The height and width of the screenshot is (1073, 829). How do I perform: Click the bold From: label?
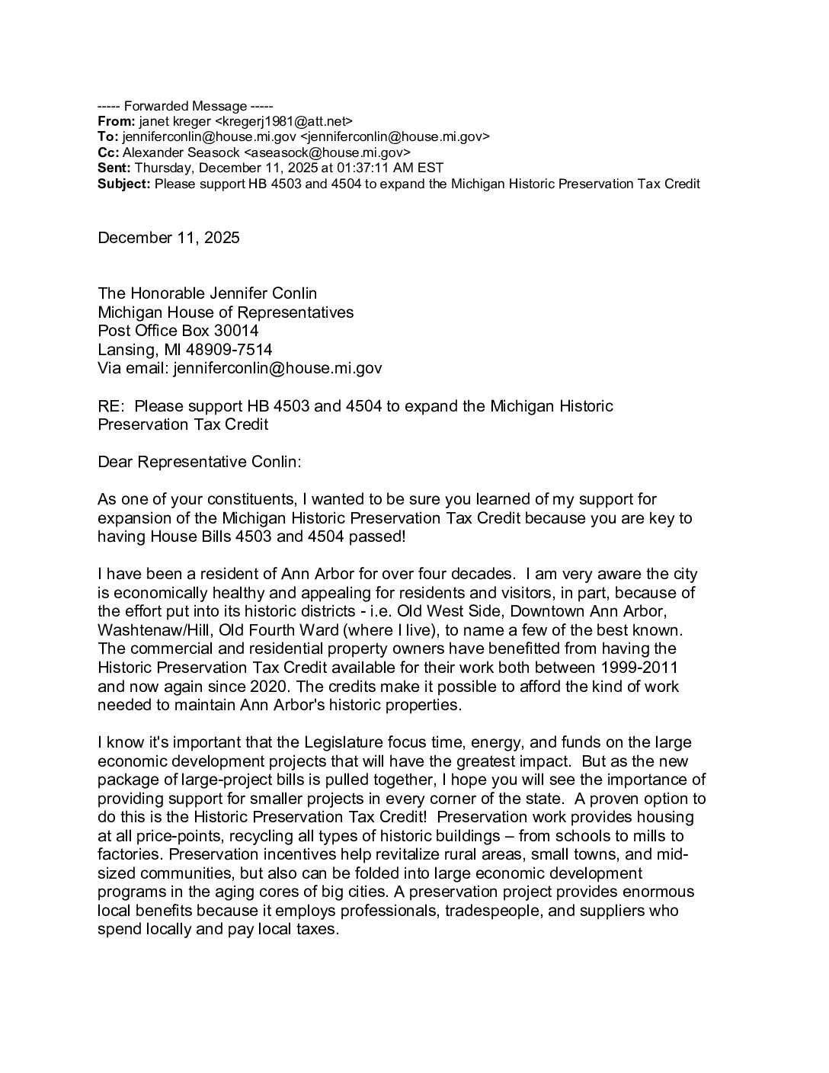click(117, 121)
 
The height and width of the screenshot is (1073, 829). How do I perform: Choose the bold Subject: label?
click(125, 184)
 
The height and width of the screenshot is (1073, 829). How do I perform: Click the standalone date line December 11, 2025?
click(168, 238)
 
